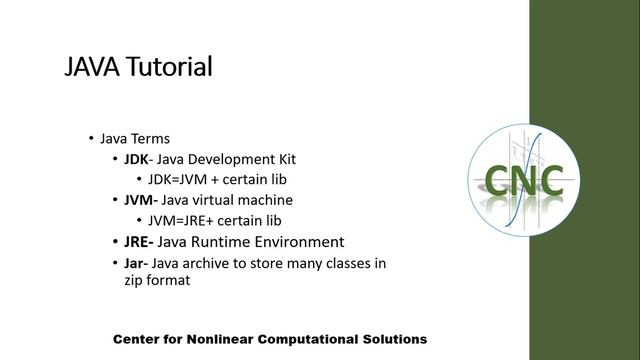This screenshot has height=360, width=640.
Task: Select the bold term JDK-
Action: coord(140,159)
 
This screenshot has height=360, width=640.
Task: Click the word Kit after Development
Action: coord(285,159)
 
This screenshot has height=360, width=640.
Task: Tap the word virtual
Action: coord(220,200)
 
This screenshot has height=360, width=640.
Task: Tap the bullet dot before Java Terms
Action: coord(91,138)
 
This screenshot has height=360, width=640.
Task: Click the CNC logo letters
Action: coord(524,180)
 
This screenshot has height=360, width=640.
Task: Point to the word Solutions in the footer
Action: coord(391,339)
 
